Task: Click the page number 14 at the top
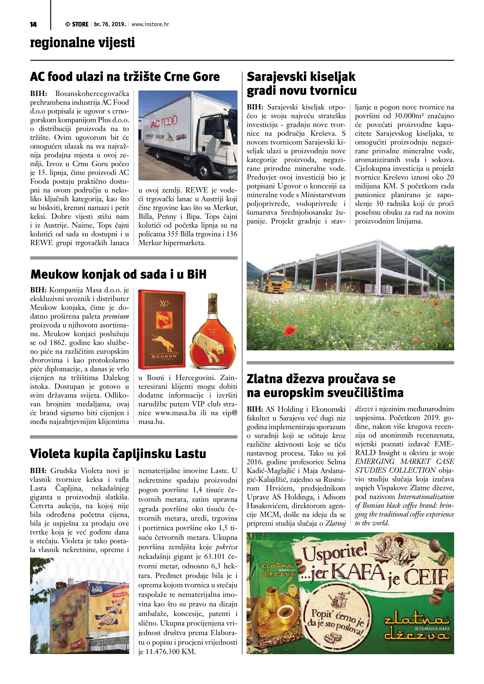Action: (33, 24)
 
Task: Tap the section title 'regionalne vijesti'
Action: (82, 43)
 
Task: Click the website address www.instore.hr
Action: (150, 24)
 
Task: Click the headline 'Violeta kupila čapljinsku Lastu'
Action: (118, 454)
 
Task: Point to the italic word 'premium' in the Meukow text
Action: (116, 316)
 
